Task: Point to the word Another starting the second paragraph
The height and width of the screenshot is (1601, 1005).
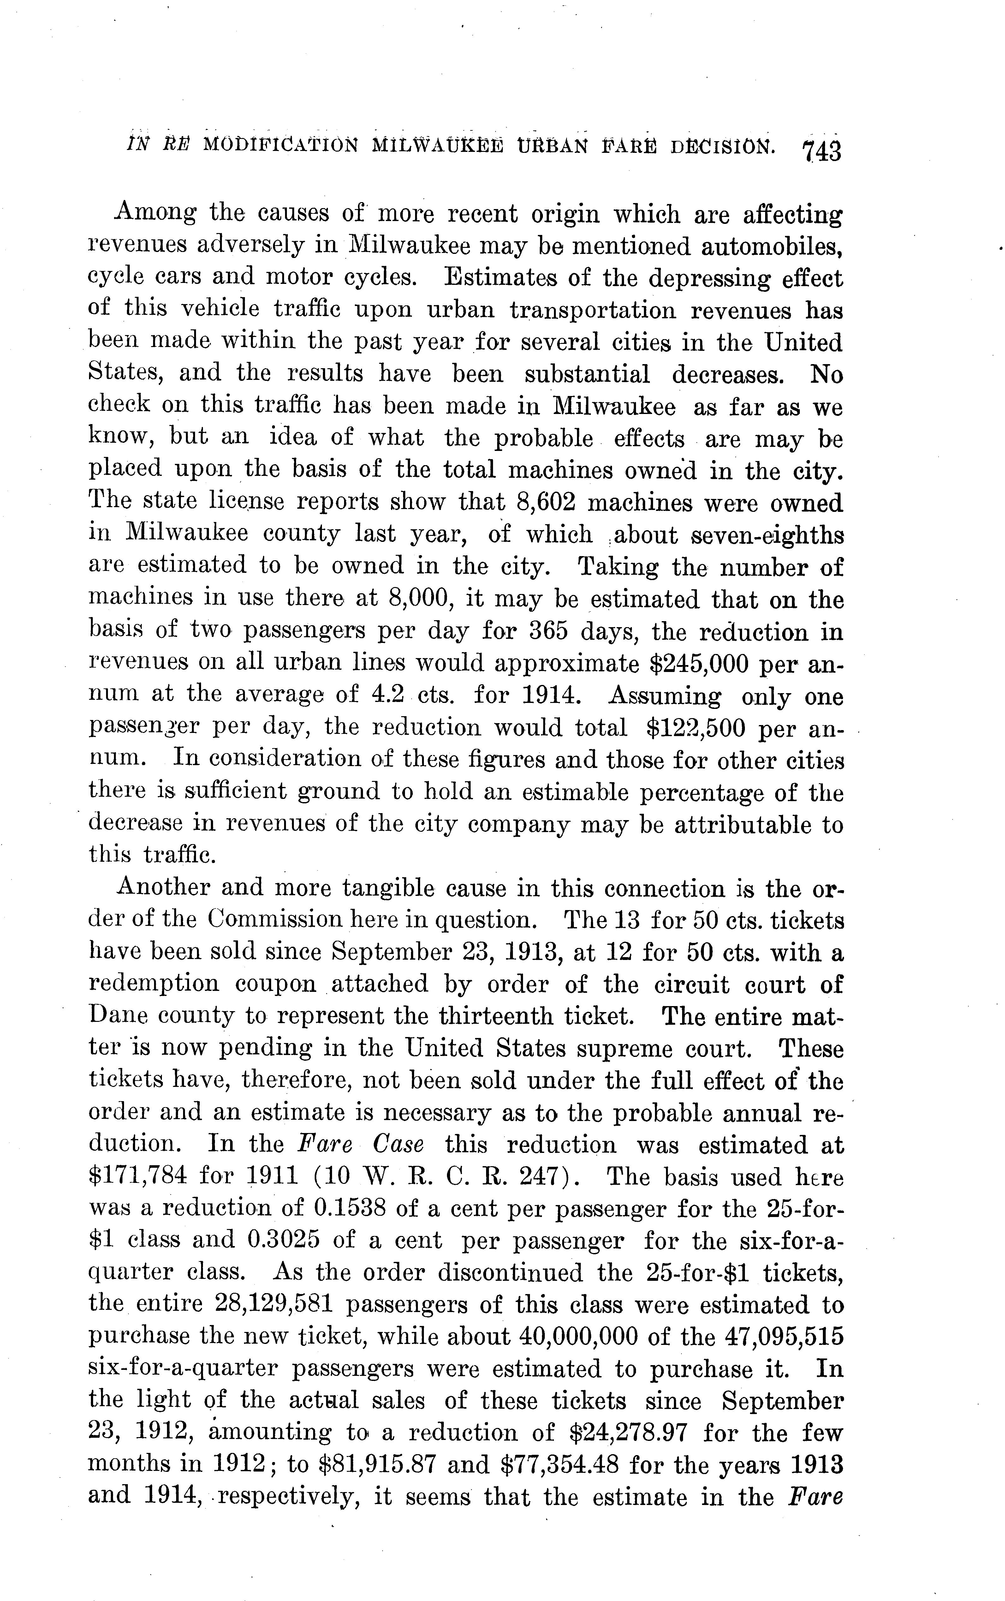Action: tap(160, 888)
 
